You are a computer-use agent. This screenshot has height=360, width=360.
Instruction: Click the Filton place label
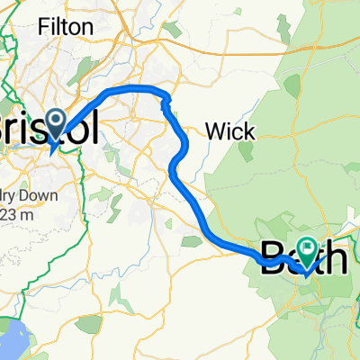coord(66,27)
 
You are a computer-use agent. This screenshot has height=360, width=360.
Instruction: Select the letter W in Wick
coord(215,131)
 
